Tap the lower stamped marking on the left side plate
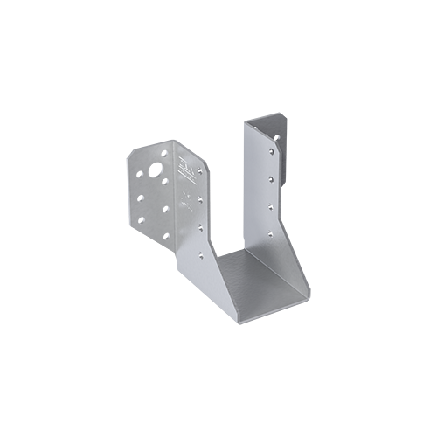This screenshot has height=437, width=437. tap(186, 198)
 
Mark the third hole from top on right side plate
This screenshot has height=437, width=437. tap(270, 207)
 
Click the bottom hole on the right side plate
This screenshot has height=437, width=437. tap(270, 233)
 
